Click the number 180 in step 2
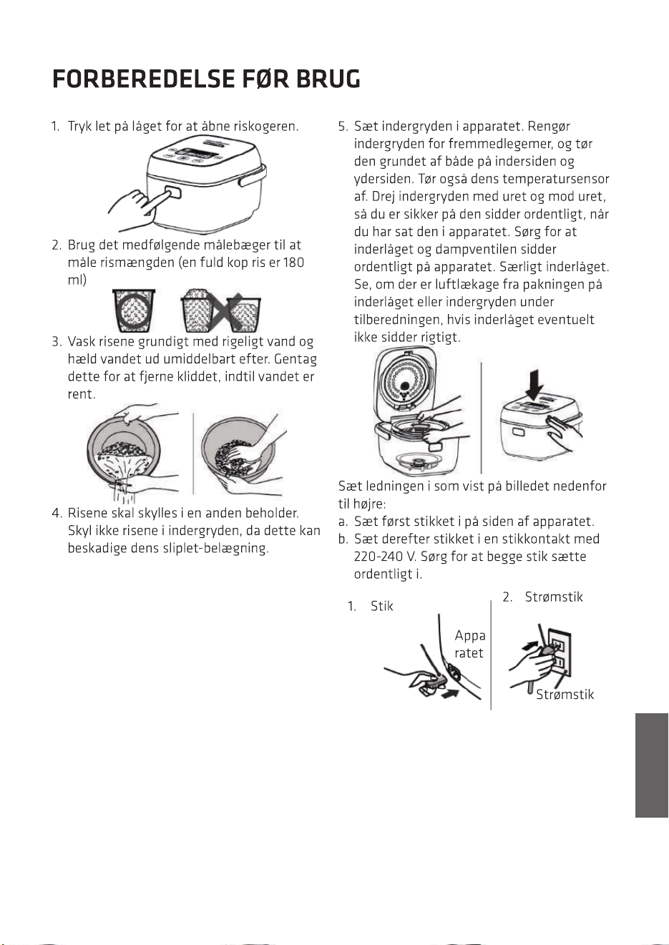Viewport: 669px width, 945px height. coord(294,263)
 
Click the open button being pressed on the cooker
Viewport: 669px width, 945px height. coord(173,192)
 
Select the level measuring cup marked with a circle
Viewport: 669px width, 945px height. coord(134,310)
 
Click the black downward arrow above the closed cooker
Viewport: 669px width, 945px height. coord(534,385)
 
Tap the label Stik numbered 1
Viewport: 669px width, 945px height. coord(381,606)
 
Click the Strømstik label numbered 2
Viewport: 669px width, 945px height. coord(553,597)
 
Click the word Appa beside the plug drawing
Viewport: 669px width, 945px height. coord(470,635)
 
